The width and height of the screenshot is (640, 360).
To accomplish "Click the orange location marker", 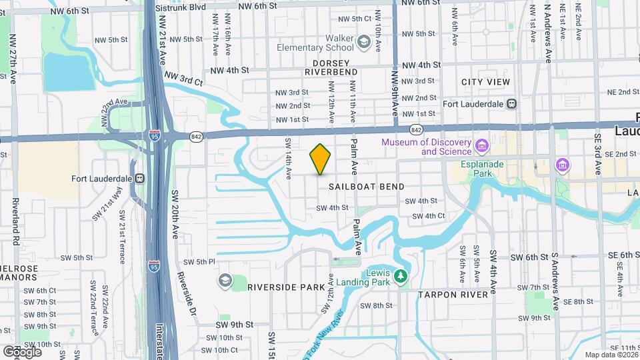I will (320, 159).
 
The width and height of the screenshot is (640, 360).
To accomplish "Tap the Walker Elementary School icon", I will (363, 43).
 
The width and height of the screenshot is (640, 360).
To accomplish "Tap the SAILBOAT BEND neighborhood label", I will (366, 187).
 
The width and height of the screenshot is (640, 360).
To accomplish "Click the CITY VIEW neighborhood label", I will (485, 82).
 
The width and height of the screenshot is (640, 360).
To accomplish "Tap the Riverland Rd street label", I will (14, 221).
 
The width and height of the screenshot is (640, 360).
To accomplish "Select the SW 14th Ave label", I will (289, 158).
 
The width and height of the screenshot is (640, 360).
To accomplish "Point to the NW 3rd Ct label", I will (183, 79).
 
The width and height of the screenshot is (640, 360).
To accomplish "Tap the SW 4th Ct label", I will (428, 216).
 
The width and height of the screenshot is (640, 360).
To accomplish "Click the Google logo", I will (22, 351).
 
